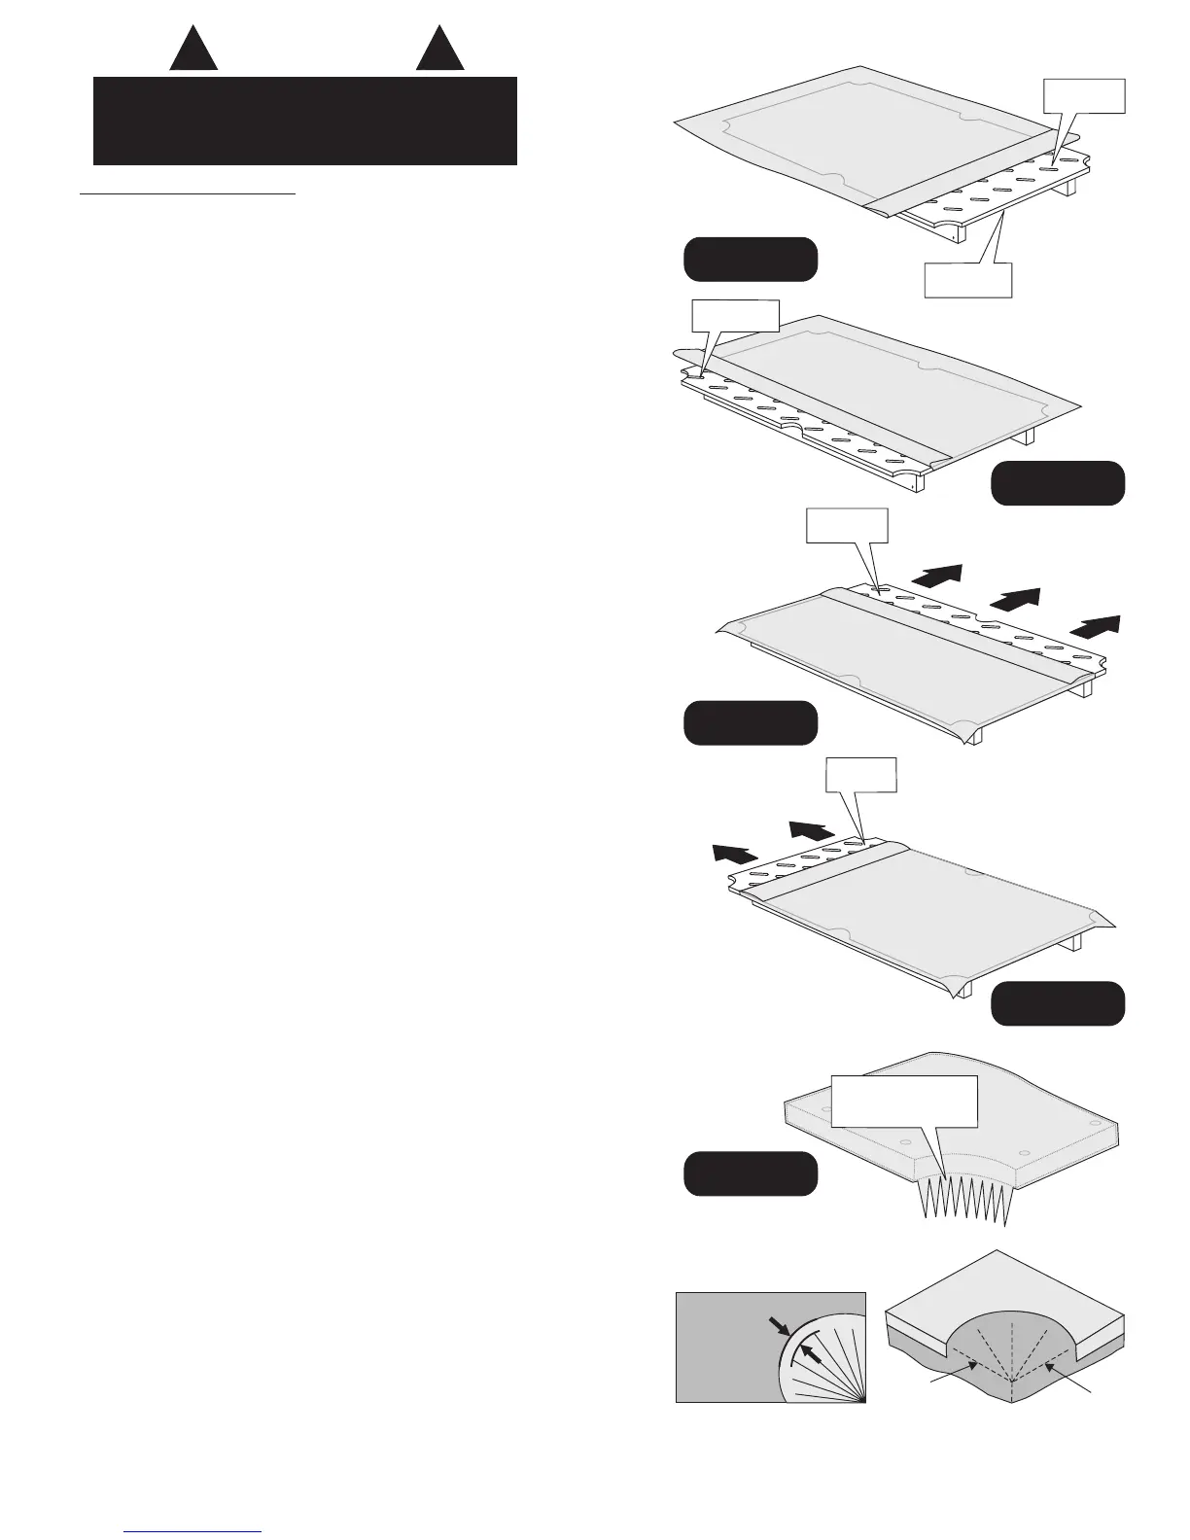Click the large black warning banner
click(x=304, y=122)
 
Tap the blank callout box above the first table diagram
click(x=1084, y=96)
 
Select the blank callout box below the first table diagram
click(x=966, y=279)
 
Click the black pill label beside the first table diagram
click(x=751, y=259)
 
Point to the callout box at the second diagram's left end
click(x=734, y=316)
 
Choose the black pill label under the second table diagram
click(x=1058, y=483)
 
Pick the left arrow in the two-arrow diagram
click(x=734, y=854)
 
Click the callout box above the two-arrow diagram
click(x=860, y=776)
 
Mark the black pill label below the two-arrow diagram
click(x=1058, y=1003)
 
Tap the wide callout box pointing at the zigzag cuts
click(x=904, y=1101)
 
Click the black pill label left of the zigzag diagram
click(x=751, y=1173)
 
